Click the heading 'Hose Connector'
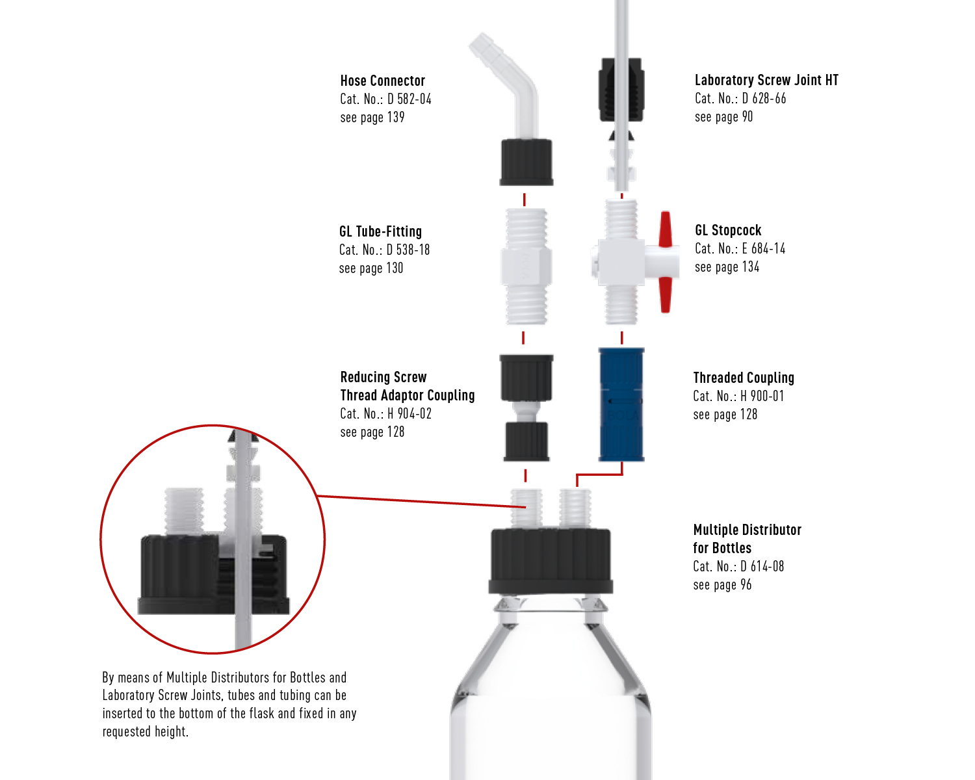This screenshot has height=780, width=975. (382, 81)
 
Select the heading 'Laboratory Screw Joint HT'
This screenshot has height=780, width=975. (766, 80)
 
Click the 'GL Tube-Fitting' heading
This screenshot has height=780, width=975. (381, 231)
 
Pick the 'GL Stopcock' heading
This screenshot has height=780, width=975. (728, 230)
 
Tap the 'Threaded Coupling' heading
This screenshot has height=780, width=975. (744, 378)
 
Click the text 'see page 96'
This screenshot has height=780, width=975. (722, 584)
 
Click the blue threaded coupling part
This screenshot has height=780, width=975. (621, 405)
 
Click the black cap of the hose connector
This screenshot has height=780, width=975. (526, 162)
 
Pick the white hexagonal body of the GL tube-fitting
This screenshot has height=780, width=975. (526, 266)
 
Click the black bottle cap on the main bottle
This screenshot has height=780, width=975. (551, 561)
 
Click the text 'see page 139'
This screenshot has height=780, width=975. (372, 118)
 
